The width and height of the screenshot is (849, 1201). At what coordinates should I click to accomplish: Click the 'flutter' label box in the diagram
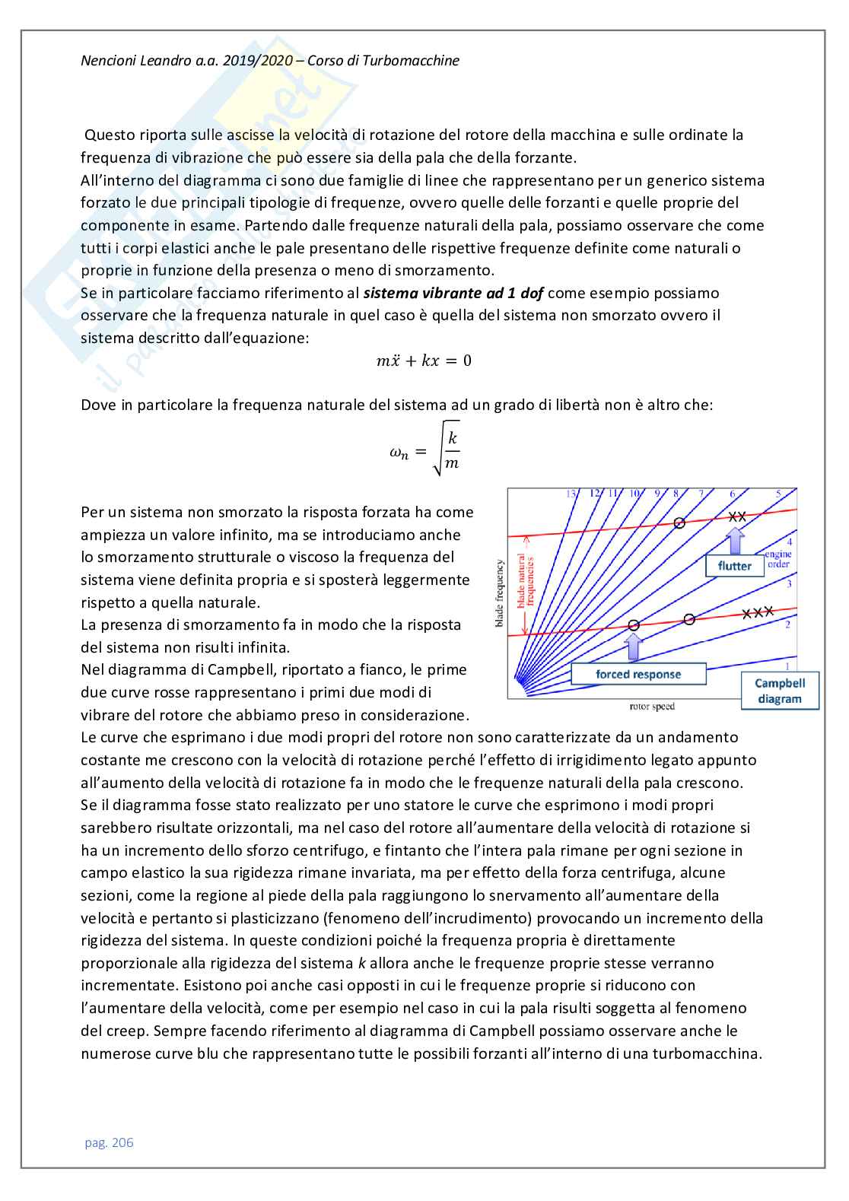pos(734,566)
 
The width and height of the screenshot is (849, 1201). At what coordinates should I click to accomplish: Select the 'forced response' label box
pos(638,674)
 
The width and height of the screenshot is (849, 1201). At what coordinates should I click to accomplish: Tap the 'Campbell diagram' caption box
pos(780,691)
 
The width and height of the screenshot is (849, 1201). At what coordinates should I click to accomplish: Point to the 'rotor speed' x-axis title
pos(652,707)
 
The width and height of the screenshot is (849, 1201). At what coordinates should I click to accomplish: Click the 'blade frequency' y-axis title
pos(500,593)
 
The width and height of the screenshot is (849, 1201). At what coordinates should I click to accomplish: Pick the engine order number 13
pos(571,494)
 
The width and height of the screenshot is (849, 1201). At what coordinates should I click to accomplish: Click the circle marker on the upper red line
pos(679,523)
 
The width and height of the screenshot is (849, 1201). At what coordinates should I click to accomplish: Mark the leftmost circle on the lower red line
pos(634,624)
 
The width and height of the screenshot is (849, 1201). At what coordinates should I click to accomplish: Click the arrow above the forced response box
pos(634,647)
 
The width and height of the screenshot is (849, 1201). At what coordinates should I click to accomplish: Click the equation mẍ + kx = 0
pos(424,361)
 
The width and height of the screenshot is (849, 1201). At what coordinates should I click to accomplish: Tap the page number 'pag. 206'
pos(109,1142)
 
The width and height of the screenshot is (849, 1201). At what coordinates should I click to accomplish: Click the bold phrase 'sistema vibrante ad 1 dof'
pos(453,293)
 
